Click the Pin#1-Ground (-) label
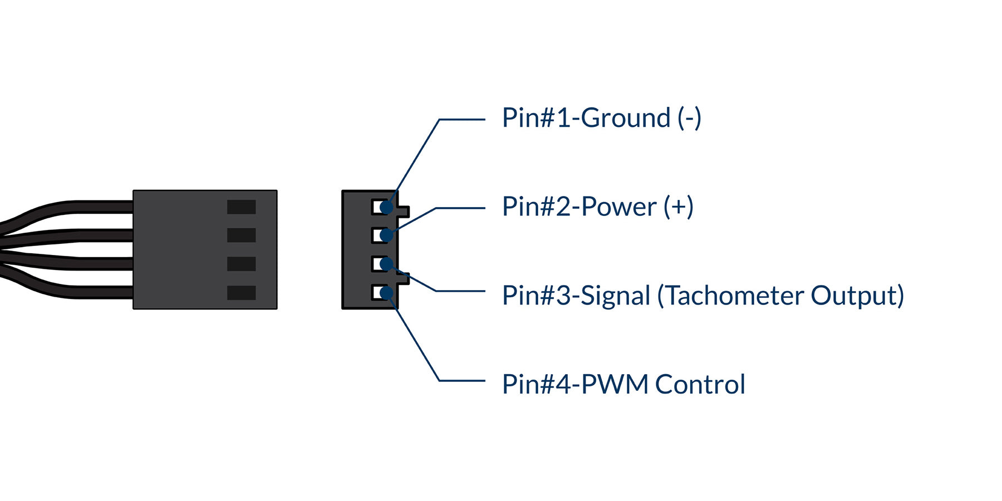pos(601,118)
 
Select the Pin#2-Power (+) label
pos(597,207)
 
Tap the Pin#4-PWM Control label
pos(623,384)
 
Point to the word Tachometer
pos(735,296)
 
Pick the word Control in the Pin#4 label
pos(700,384)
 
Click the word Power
pos(618,207)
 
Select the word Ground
pos(625,118)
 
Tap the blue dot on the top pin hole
pos(386,208)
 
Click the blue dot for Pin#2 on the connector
pos(386,235)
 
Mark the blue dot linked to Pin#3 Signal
pos(386,264)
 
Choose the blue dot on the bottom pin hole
pos(386,293)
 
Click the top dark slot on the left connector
pos(241,207)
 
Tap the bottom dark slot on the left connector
pos(241,293)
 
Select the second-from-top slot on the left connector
pos(241,235)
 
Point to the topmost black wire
pos(83,207)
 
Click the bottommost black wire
pos(83,292)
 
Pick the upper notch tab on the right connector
pos(405,212)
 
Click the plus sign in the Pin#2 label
pos(678,207)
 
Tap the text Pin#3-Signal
pos(576,296)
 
